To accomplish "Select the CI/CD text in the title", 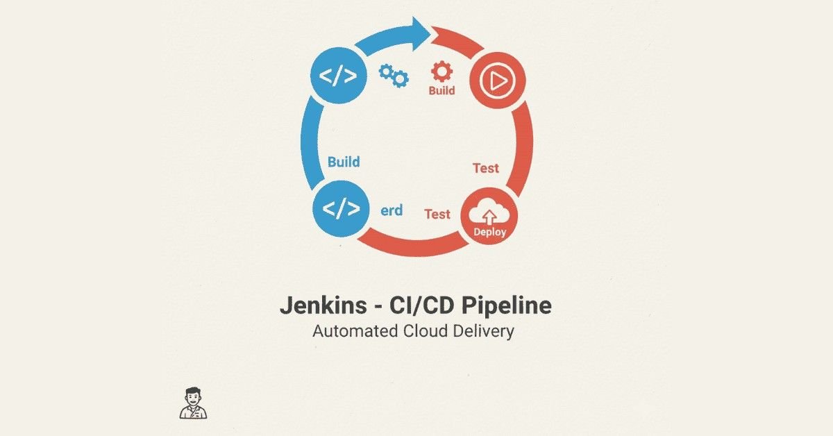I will tap(407, 307).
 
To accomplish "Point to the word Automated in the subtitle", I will tap(354, 331).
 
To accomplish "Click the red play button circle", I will tap(498, 83).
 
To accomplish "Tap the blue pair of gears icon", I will tap(393, 75).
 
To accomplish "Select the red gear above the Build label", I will tap(441, 72).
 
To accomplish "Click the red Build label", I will tap(441, 90).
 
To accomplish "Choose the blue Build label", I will tap(344, 162).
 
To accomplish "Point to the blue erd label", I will tap(392, 210).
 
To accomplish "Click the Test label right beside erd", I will tap(437, 214).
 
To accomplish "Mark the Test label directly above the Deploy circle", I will tap(485, 168).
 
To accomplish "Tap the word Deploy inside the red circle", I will tap(490, 233).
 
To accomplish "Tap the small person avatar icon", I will tap(194, 403).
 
